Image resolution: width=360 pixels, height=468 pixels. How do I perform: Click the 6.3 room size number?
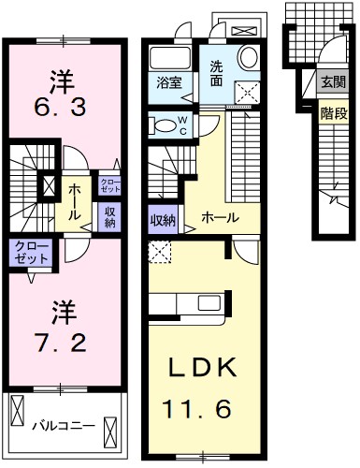pos(63,108)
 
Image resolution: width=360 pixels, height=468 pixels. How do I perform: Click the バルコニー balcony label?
pos(64,426)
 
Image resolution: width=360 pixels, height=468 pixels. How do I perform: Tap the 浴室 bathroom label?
pos(169,82)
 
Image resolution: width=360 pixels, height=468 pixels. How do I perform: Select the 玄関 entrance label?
pos(333,81)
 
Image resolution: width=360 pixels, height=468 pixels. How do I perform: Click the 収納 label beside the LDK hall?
pos(163,221)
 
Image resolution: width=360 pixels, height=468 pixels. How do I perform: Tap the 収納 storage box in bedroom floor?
pos(109,216)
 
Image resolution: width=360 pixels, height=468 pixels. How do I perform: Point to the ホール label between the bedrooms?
pos(73,197)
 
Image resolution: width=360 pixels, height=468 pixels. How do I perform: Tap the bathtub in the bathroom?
pos(169,57)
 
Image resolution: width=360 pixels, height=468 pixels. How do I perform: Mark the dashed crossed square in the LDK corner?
pos(158,251)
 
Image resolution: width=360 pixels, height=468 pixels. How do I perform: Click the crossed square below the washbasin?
pos(249,92)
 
